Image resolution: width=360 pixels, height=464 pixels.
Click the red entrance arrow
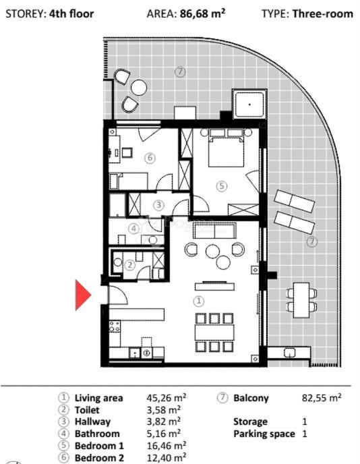coord(82,295)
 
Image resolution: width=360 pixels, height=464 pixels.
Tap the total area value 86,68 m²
coord(205,13)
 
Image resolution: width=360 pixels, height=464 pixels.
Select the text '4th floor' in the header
coord(71,13)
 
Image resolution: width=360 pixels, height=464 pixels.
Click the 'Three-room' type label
coord(322,13)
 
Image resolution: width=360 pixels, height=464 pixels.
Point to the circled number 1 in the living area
coord(198,301)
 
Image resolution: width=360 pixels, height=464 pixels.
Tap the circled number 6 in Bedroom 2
coord(150,158)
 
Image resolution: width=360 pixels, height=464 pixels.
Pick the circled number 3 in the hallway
coord(158,204)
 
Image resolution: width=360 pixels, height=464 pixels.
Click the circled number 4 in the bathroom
coord(134,229)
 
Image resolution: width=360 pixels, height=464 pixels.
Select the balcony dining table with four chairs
coord(301,299)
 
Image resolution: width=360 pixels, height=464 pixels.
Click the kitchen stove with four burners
coord(115,328)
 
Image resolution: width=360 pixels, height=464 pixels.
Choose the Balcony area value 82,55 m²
coord(321,398)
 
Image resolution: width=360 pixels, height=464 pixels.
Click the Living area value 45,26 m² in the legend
coord(167,398)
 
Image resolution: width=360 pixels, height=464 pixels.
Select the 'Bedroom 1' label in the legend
coord(99,446)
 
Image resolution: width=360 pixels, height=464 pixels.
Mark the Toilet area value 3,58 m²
coord(164,409)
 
